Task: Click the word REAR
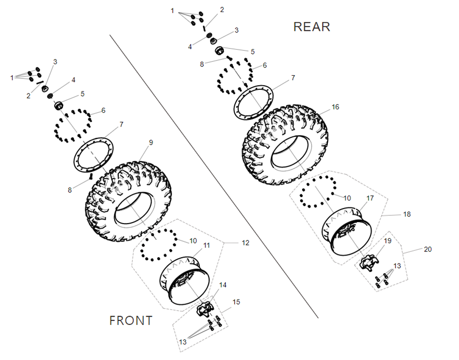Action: (312, 27)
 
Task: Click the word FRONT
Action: (131, 320)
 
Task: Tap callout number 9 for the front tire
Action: (151, 142)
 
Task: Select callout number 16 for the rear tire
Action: (335, 107)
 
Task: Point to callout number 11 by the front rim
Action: (206, 245)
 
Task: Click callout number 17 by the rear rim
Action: (370, 199)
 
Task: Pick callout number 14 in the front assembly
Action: (223, 285)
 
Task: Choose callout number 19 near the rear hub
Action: (387, 241)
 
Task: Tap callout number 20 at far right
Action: (428, 249)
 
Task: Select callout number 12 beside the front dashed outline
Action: (245, 243)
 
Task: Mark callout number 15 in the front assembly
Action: (236, 302)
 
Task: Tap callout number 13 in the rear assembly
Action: (397, 266)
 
